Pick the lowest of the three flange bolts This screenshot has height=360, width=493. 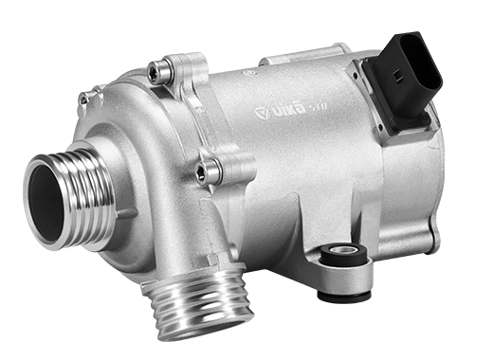[x=203, y=171]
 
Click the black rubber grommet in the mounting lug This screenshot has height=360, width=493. [x=341, y=254]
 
